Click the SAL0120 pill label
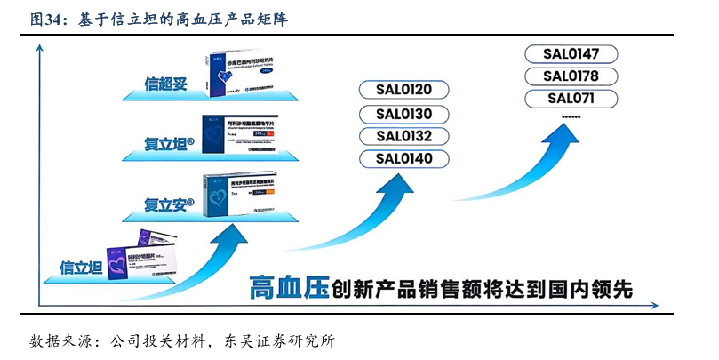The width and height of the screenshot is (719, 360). (404, 90)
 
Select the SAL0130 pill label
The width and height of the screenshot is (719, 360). (404, 113)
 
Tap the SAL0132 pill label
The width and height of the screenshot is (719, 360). (404, 136)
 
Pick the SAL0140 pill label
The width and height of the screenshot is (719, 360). (404, 159)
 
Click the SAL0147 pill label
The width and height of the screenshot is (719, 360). (571, 53)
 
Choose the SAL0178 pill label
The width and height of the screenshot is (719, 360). (571, 76)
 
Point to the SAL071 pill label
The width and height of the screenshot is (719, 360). (571, 98)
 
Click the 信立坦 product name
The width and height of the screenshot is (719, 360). (79, 267)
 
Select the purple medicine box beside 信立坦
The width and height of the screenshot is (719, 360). (147, 257)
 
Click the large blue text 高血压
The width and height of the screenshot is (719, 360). (288, 289)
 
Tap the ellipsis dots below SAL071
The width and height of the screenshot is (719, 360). (571, 116)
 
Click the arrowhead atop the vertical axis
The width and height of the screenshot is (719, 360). (40, 50)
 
